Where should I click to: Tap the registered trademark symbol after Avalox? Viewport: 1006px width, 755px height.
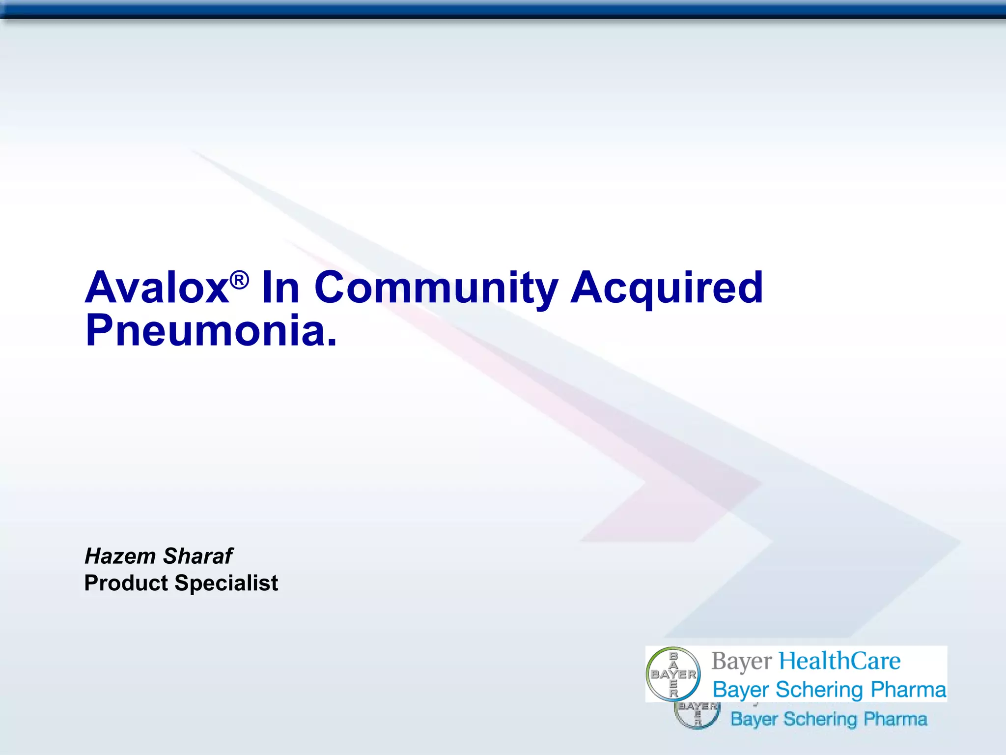point(239,281)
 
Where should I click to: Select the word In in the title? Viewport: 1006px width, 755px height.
point(280,289)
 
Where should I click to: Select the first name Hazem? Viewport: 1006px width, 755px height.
point(120,556)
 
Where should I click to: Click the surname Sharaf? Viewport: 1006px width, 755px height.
point(198,556)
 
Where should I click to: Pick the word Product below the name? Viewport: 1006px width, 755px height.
point(126,583)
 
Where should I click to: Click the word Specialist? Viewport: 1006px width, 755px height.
point(226,583)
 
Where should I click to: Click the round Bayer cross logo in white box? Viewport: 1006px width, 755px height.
point(673,674)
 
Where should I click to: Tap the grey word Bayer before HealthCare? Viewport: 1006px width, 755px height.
point(742,662)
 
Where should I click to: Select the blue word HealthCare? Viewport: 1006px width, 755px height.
point(840,661)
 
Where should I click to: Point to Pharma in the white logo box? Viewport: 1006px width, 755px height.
point(908,690)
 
